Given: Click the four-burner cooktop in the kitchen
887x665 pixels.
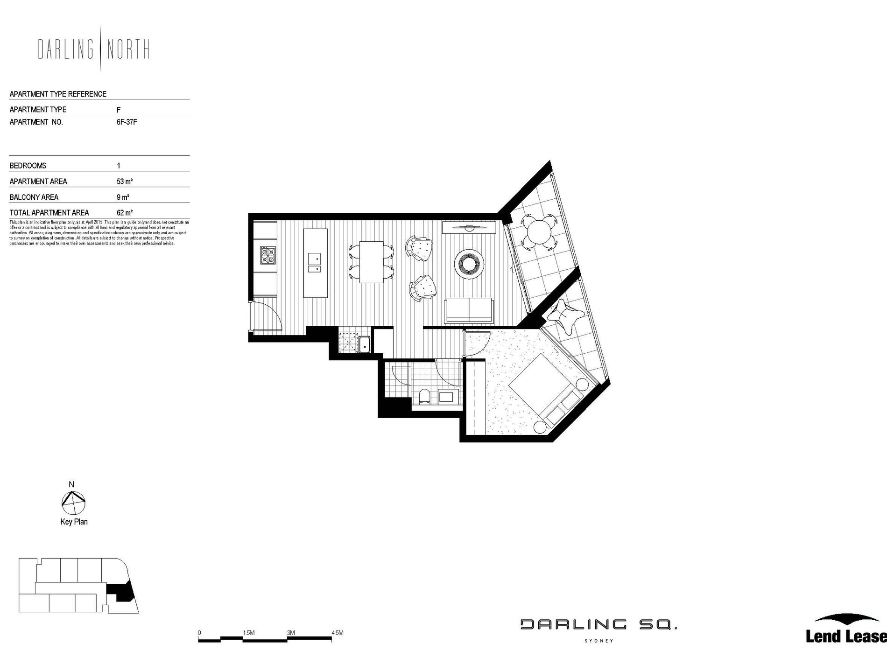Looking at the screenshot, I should pyautogui.click(x=268, y=255).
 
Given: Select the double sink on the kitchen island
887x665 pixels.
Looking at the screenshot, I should pyautogui.click(x=314, y=262).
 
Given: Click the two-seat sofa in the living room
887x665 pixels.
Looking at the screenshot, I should pyautogui.click(x=469, y=310).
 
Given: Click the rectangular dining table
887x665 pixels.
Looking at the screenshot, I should pyautogui.click(x=372, y=262).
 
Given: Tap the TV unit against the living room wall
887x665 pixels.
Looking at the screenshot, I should pyautogui.click(x=469, y=227).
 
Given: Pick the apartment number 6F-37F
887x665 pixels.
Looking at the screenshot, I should pyautogui.click(x=127, y=122).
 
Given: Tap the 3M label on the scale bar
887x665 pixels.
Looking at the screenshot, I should pyautogui.click(x=291, y=633).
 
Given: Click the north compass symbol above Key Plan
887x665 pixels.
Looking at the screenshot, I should pyautogui.click(x=73, y=502).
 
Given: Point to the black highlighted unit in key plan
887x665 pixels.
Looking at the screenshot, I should pyautogui.click(x=121, y=593).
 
